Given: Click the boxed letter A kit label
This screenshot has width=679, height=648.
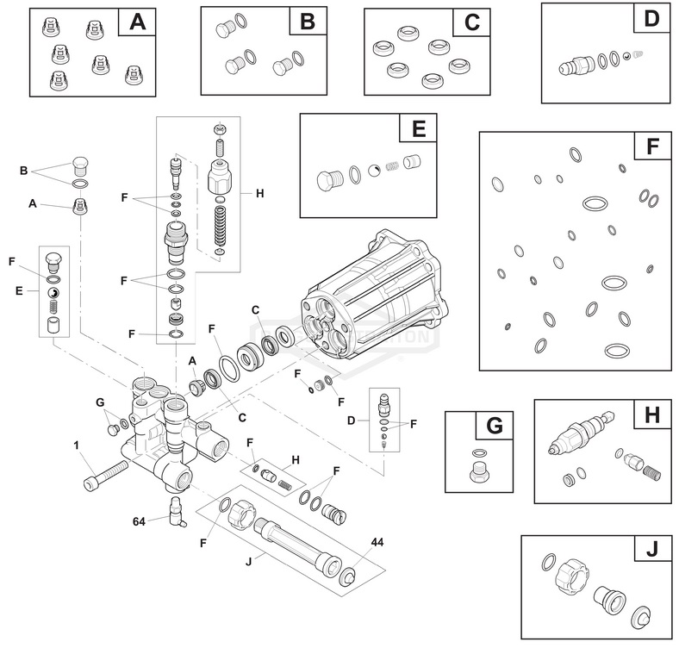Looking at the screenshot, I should click(x=137, y=22).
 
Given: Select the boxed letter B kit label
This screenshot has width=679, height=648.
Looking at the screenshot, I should click(x=307, y=22).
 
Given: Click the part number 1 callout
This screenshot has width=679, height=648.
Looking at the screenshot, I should click(x=77, y=445).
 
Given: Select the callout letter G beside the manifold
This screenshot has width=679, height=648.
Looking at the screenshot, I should click(x=99, y=402).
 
